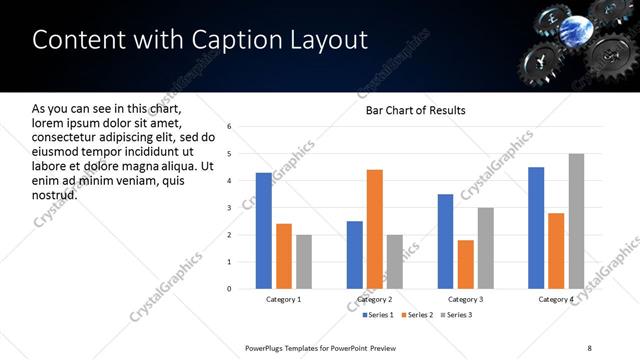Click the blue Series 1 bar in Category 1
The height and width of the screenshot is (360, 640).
pos(264,231)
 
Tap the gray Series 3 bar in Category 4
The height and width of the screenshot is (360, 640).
pos(576,221)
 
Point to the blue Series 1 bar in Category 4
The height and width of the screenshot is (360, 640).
pos(536,228)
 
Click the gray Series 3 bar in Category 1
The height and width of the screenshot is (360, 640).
pos(303,262)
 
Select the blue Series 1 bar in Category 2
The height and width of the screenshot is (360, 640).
pos(355,255)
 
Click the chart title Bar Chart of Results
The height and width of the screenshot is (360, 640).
pos(415,110)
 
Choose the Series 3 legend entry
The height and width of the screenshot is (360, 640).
pos(455,315)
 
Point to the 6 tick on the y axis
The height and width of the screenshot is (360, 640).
pos(229,127)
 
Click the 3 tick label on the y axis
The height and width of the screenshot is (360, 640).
pos(229,208)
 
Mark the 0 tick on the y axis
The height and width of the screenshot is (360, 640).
pos(229,289)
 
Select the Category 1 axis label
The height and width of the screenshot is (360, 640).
pos(284,300)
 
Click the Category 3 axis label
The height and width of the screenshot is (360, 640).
pos(465,300)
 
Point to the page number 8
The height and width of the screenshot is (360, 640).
pos(589,347)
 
